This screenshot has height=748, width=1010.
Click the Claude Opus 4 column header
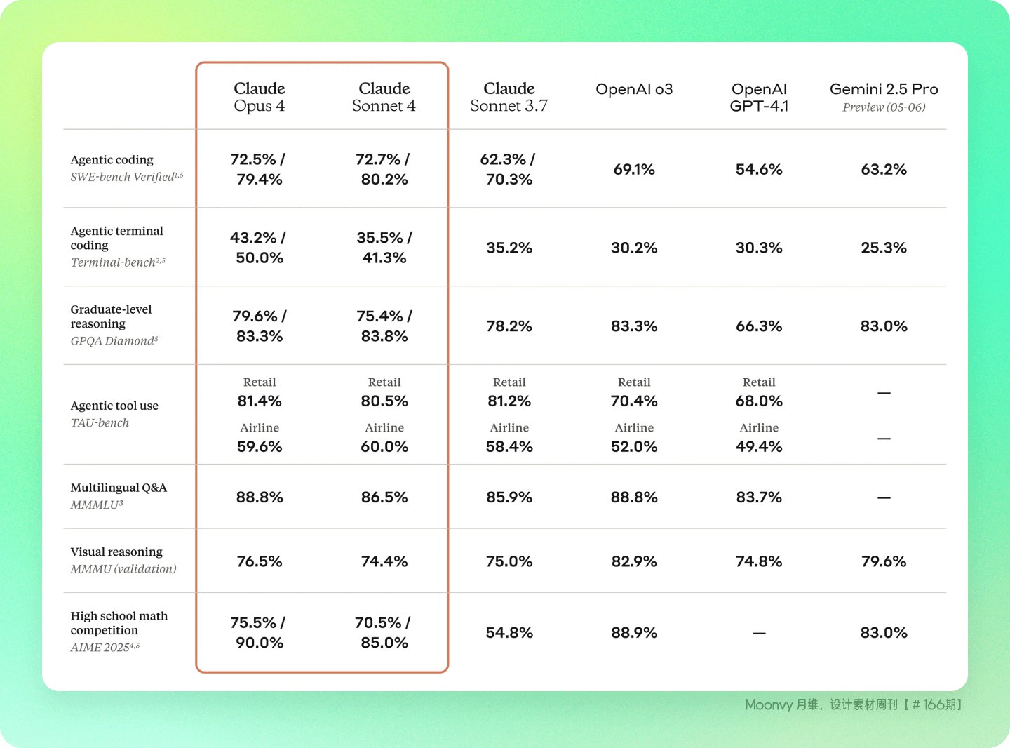tap(259, 97)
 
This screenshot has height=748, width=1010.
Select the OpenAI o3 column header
tap(634, 89)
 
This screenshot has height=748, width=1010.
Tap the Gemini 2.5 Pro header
tap(884, 89)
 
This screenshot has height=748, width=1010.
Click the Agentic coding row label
tap(112, 159)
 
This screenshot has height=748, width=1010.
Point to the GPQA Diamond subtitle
tap(114, 341)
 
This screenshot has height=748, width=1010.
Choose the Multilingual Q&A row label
tap(119, 488)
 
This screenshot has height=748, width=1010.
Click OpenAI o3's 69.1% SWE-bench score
tap(634, 170)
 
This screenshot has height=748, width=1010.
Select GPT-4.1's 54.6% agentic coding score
tap(759, 170)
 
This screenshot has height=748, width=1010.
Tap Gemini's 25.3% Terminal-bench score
tap(884, 248)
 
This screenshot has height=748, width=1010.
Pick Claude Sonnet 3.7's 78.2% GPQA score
tap(509, 326)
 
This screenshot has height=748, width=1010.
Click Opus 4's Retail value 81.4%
tap(260, 401)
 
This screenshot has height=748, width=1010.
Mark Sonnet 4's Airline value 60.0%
tap(384, 446)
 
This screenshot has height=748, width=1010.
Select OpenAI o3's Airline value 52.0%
tap(634, 446)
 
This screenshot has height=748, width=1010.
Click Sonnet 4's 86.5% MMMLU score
tap(384, 497)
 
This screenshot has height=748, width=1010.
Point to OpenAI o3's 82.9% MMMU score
tap(634, 561)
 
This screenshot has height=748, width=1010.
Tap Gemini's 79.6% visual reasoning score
tap(884, 561)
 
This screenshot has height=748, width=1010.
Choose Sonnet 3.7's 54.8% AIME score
tap(509, 633)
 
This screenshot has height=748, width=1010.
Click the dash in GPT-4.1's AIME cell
tap(759, 633)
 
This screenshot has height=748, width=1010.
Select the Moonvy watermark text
tap(854, 704)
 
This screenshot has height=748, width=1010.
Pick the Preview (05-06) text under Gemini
tap(884, 107)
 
